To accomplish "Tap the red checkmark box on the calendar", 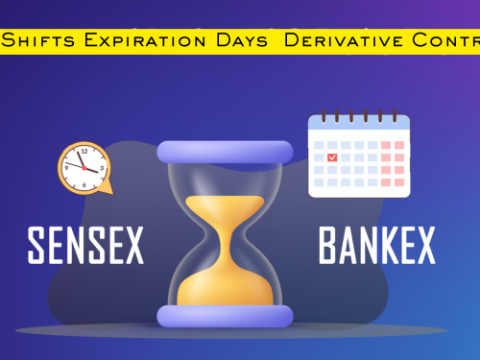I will point(332,156).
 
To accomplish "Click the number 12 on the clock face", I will point(83,152).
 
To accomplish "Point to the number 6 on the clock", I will point(83,183).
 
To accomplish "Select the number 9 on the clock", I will point(66,168).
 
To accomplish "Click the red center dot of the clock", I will point(83,168).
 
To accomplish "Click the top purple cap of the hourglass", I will point(225,152).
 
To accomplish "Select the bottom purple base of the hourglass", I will point(225,316).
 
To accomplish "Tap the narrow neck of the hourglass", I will point(225,234).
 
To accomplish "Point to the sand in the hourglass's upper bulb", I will point(225,209).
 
